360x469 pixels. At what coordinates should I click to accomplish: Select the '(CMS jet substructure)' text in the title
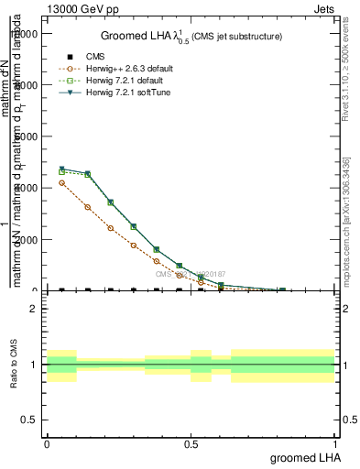pos(236,37)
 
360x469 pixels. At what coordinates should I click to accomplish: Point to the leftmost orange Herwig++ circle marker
pos(61,183)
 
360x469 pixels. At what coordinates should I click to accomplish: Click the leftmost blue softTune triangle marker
pos(61,169)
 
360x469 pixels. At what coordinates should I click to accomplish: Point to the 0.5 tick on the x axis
pos(191,443)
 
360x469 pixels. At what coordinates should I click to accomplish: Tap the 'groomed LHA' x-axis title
pos(303,457)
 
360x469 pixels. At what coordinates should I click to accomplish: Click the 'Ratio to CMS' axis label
pos(14,364)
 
